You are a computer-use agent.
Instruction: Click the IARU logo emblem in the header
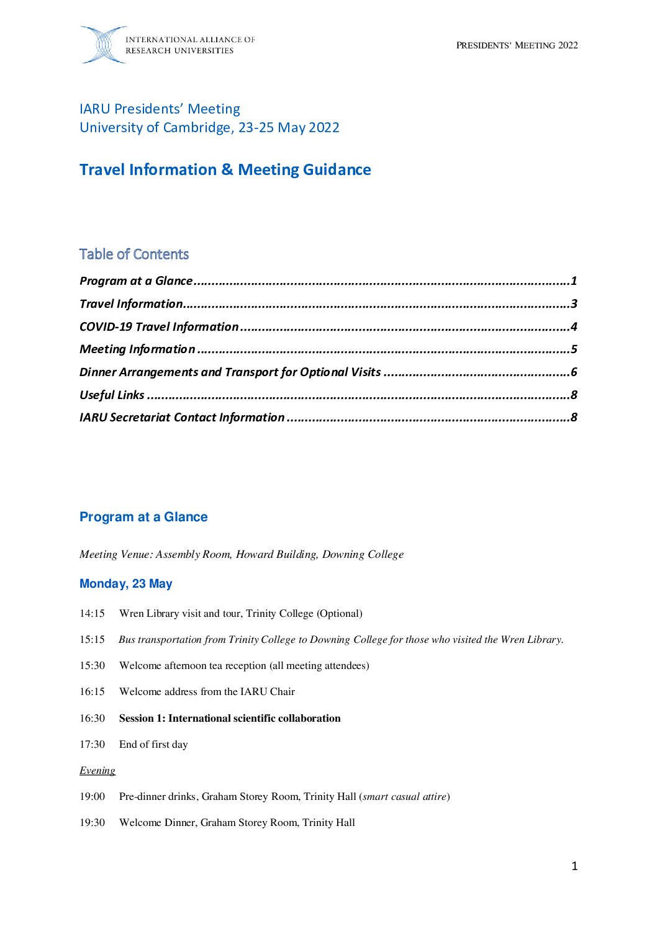click(x=103, y=45)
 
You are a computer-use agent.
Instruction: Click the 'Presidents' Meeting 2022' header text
click(x=517, y=45)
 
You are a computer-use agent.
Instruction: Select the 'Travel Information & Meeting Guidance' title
click(x=225, y=170)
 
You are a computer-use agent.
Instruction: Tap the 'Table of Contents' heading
click(x=134, y=254)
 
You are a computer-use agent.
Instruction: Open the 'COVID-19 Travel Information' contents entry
click(x=159, y=326)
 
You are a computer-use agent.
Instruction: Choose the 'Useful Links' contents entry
click(x=112, y=395)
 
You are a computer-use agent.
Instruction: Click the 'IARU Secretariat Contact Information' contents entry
click(x=182, y=418)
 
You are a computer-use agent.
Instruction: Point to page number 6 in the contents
click(x=574, y=372)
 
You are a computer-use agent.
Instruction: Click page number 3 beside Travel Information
click(x=574, y=304)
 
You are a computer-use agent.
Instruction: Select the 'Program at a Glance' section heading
click(x=143, y=517)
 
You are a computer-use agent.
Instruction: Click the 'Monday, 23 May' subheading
click(x=126, y=584)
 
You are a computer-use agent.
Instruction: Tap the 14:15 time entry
click(x=92, y=614)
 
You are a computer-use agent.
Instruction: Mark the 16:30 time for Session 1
click(x=92, y=719)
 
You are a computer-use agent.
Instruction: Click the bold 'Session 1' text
click(x=230, y=719)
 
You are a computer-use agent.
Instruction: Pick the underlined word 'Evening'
click(x=97, y=771)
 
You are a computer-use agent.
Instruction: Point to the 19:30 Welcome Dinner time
click(x=92, y=823)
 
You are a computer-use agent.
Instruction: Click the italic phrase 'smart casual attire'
click(x=405, y=797)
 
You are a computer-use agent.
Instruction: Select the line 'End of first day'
click(x=153, y=745)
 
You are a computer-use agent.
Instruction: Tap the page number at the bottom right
click(x=574, y=866)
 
